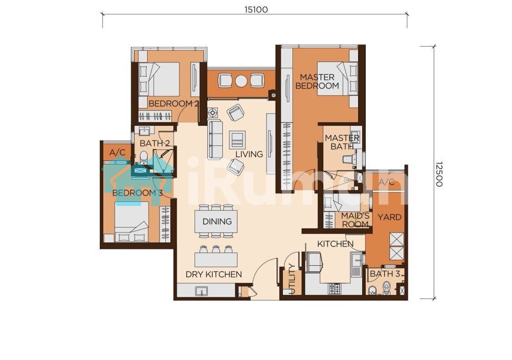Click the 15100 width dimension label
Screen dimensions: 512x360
256,10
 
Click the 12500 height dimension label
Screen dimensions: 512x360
439,174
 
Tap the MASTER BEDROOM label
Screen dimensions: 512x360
317,82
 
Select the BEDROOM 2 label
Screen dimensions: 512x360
174,103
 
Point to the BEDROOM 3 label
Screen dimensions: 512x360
138,193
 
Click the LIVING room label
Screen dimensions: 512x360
249,154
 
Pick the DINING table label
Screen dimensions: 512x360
217,221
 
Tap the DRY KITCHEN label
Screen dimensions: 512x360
214,274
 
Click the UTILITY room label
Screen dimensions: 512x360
292,278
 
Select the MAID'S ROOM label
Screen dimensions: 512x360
355,220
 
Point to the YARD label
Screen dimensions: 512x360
389,217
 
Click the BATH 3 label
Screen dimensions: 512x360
385,274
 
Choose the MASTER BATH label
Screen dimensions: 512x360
342,143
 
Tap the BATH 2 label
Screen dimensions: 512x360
155,143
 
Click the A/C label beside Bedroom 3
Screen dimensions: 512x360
117,153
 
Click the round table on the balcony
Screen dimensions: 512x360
241,81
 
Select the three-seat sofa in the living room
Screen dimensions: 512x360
215,140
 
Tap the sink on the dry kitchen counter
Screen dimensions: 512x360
201,291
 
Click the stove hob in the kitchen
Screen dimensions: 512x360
334,288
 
